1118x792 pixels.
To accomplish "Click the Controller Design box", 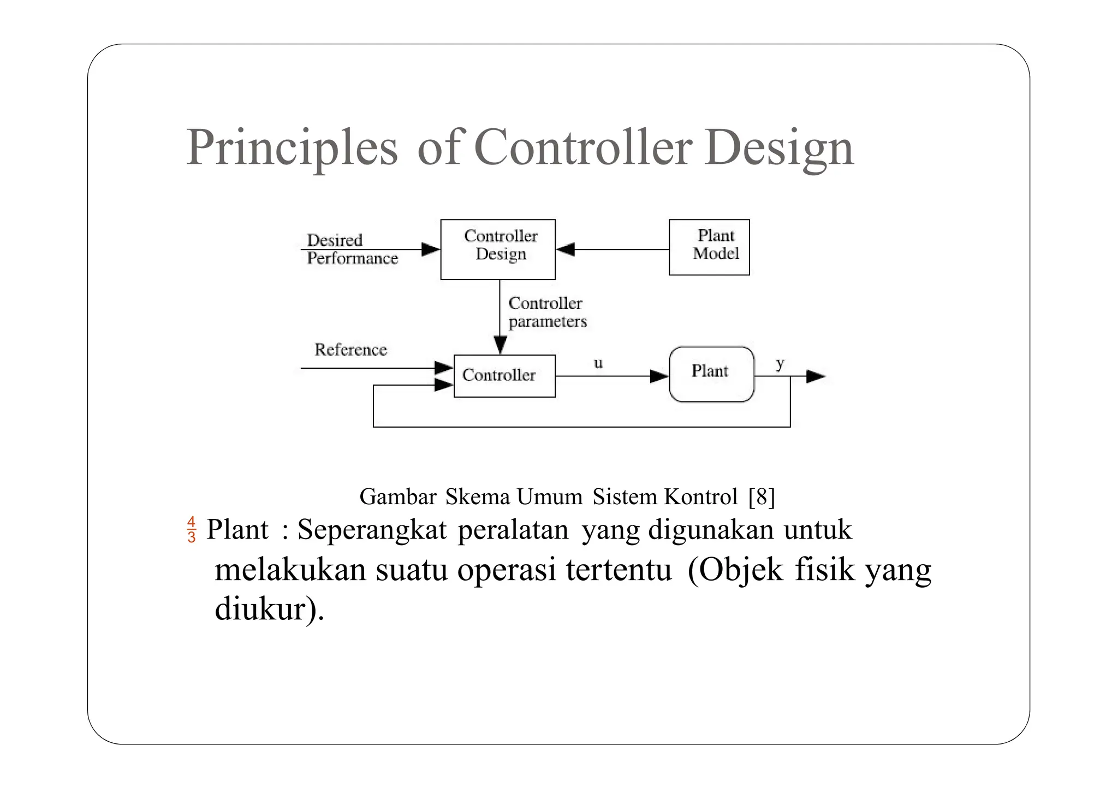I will (497, 250).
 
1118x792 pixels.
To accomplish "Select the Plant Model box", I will (709, 247).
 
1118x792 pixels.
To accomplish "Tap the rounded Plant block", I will (711, 374).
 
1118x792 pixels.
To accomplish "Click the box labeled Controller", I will (504, 376).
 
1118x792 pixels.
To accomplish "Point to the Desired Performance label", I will (352, 249).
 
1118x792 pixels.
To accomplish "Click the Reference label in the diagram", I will (350, 350).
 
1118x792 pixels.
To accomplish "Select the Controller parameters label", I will (547, 312).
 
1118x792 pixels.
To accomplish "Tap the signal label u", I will (598, 363).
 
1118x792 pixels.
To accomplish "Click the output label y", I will (780, 363).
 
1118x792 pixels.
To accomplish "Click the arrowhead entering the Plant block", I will (659, 376).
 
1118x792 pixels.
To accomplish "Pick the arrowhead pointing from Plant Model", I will (566, 250).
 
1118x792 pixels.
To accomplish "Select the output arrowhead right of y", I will (816, 376).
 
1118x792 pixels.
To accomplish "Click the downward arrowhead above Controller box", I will (499, 345).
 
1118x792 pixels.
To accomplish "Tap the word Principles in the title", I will (292, 147).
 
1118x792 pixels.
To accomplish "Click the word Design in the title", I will (778, 147).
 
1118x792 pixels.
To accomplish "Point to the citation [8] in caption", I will (761, 497).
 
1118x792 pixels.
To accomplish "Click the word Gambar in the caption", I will (397, 497).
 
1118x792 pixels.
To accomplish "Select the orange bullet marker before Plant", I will (191, 529).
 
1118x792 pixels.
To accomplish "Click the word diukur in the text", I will (259, 608).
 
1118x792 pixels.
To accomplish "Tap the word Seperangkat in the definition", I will (372, 529).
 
